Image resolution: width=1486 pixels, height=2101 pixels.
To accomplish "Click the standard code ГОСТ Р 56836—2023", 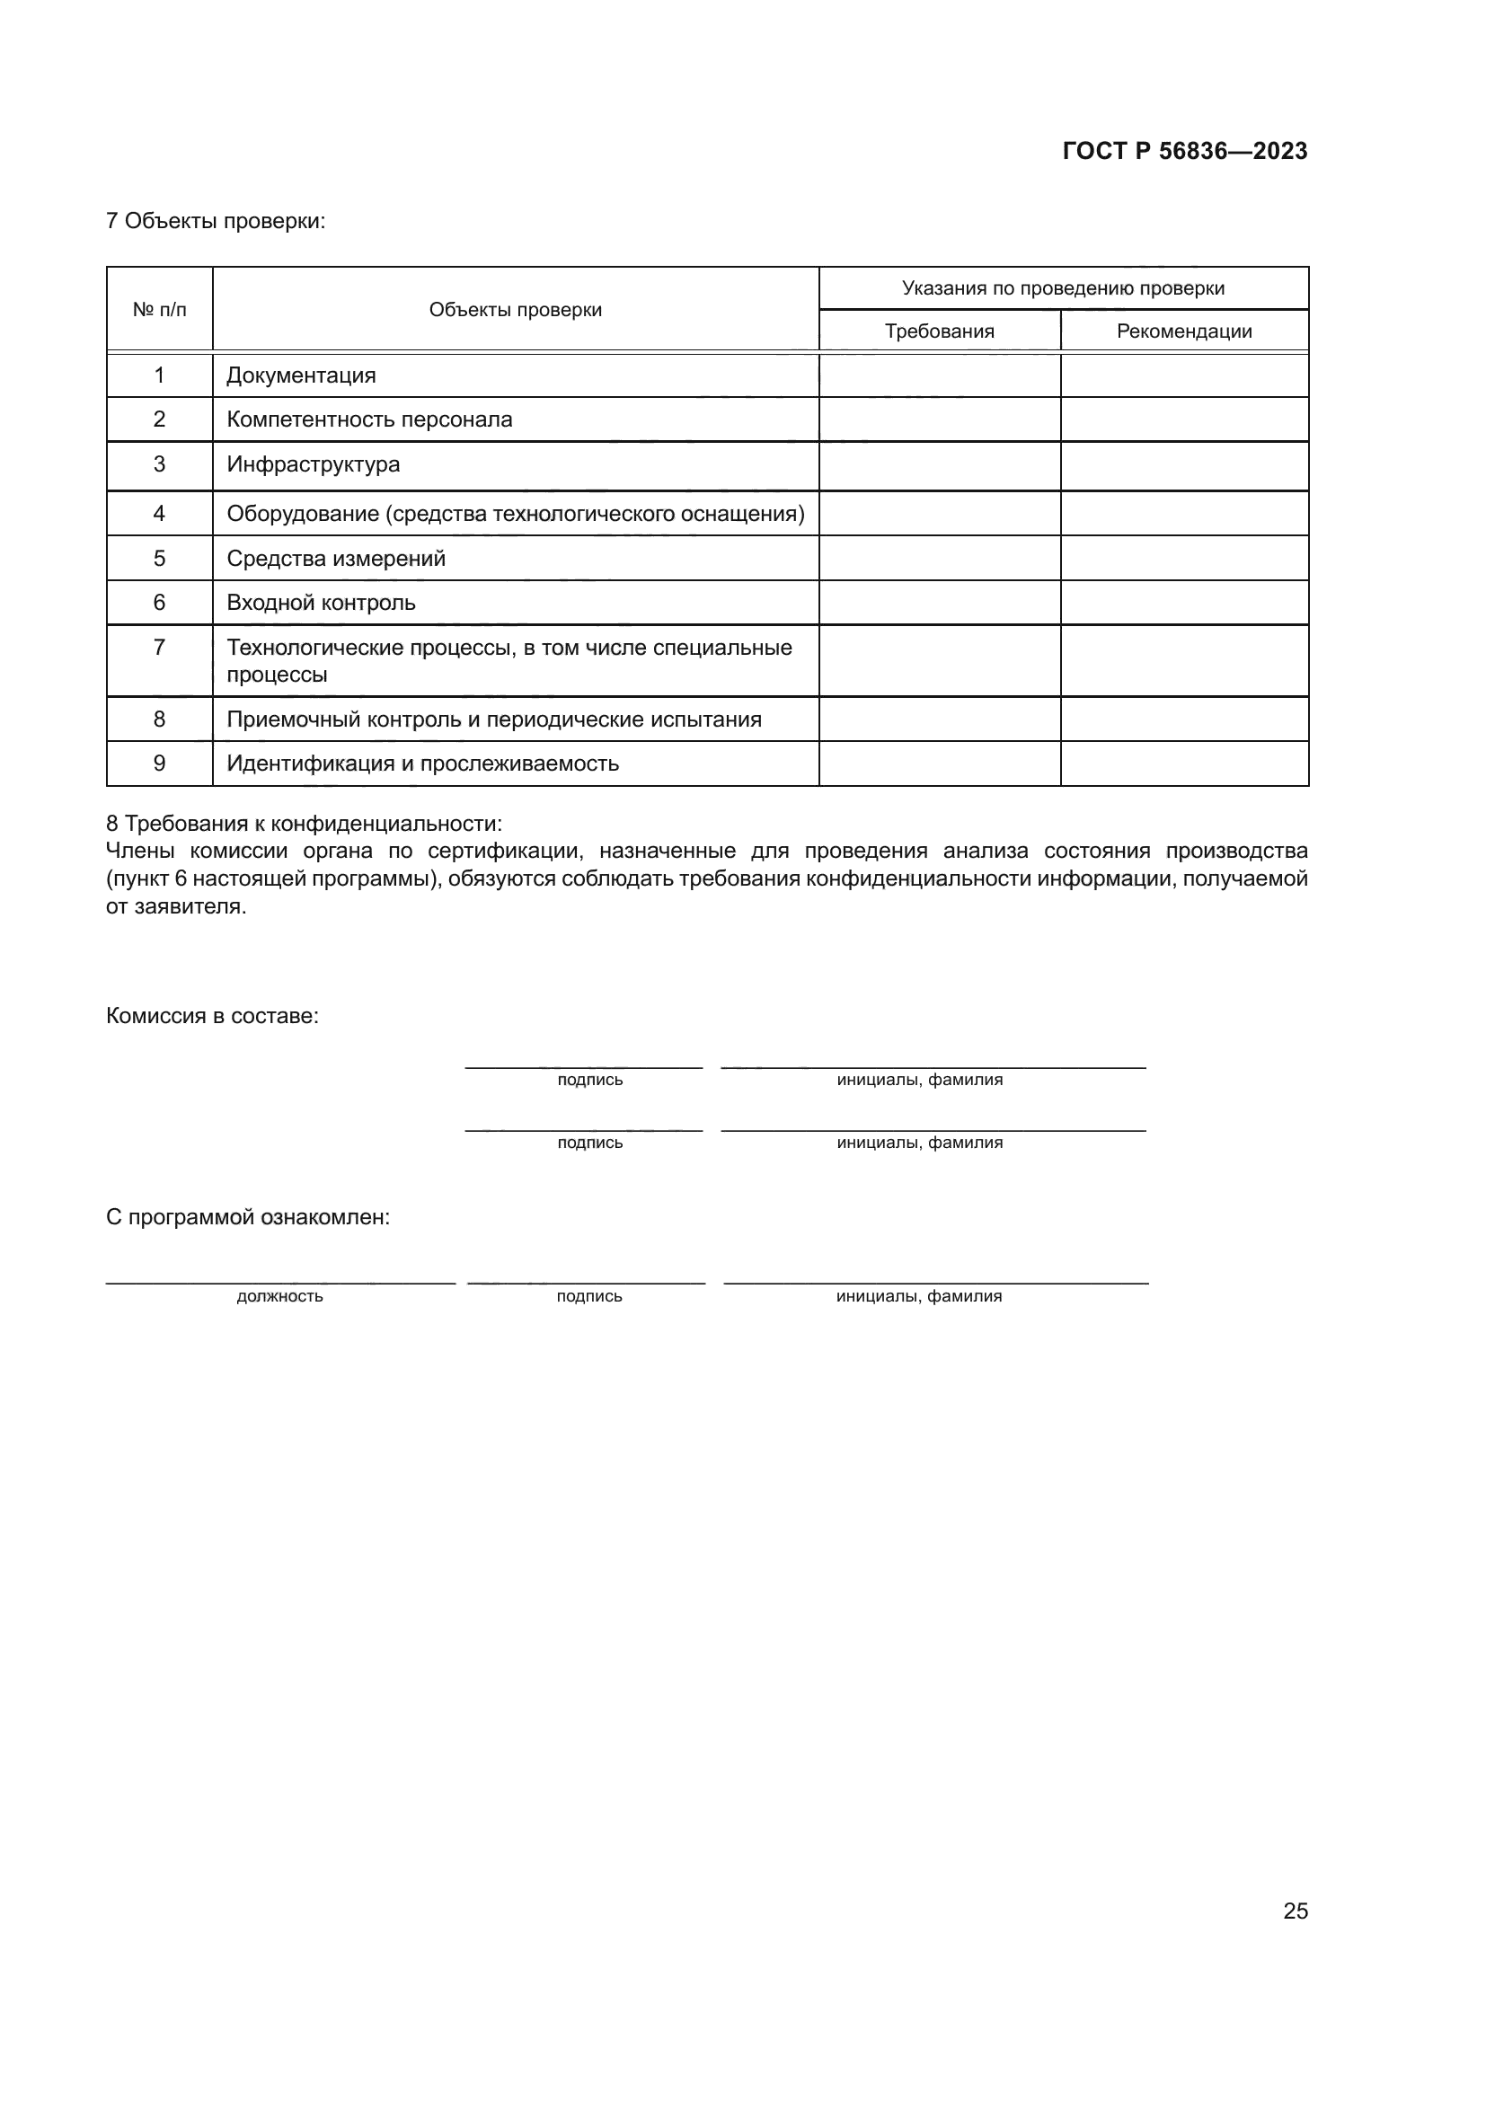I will coord(1184,151).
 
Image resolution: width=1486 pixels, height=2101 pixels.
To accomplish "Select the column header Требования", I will coord(939,331).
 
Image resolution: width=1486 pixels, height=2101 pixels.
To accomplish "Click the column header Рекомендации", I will coord(1183,331).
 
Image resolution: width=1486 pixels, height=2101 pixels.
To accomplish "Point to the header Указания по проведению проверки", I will coord(1062,288).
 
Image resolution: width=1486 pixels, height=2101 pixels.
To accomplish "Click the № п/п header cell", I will coord(159,309).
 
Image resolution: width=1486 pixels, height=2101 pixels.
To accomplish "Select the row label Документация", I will coord(301,375).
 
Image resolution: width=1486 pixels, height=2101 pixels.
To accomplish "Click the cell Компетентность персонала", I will coord(368,419).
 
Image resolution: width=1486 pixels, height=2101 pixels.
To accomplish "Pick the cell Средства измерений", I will coord(336,558).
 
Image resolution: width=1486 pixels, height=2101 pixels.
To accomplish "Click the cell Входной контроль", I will coord(320,602).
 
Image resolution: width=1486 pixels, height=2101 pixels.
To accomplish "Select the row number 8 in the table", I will coord(159,719).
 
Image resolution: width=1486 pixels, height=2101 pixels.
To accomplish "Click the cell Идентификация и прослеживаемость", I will coord(422,764).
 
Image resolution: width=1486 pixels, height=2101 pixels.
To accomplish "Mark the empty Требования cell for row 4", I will coord(939,514).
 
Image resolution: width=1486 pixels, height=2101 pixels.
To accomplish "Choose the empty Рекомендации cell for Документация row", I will coord(1183,375).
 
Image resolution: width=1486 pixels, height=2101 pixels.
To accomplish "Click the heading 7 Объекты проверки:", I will coord(215,221).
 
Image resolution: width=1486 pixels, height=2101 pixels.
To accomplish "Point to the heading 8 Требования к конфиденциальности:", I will coord(304,824).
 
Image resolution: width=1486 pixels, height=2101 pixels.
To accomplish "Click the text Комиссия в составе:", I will coord(212,1016).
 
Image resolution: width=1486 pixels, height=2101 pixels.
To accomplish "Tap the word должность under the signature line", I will coord(279,1296).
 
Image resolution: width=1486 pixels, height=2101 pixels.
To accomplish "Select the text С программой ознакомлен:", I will coord(247,1217).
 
